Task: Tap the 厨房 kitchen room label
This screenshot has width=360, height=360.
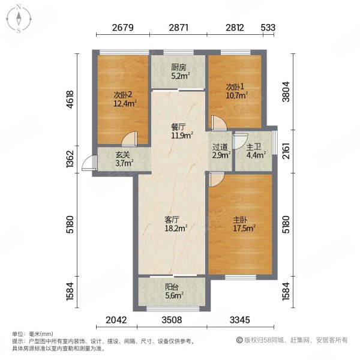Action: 178,67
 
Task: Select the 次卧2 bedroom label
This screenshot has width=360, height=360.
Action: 123,95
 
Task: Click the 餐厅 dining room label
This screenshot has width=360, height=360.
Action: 178,127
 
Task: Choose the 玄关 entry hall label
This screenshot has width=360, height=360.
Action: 122,155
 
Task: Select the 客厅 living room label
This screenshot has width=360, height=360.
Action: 172,220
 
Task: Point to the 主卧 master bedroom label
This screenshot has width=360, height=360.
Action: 240,220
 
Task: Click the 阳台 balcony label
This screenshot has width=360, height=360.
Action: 172,287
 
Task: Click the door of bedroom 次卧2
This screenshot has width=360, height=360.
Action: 130,139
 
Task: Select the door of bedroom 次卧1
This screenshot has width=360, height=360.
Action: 219,123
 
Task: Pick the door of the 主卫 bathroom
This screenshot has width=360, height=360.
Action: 240,141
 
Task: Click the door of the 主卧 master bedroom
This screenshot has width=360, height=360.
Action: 217,179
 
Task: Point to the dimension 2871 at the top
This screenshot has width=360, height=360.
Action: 179,28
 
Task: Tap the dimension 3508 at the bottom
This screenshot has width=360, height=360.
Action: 172,320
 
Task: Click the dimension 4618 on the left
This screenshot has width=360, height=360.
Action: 70,100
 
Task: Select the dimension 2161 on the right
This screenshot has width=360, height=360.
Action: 286,151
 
